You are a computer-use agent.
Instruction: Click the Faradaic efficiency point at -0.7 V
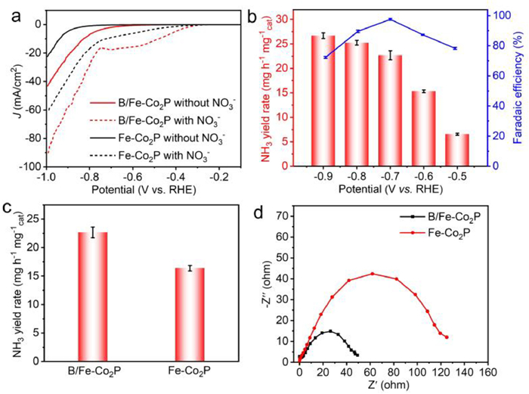click(x=390, y=19)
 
